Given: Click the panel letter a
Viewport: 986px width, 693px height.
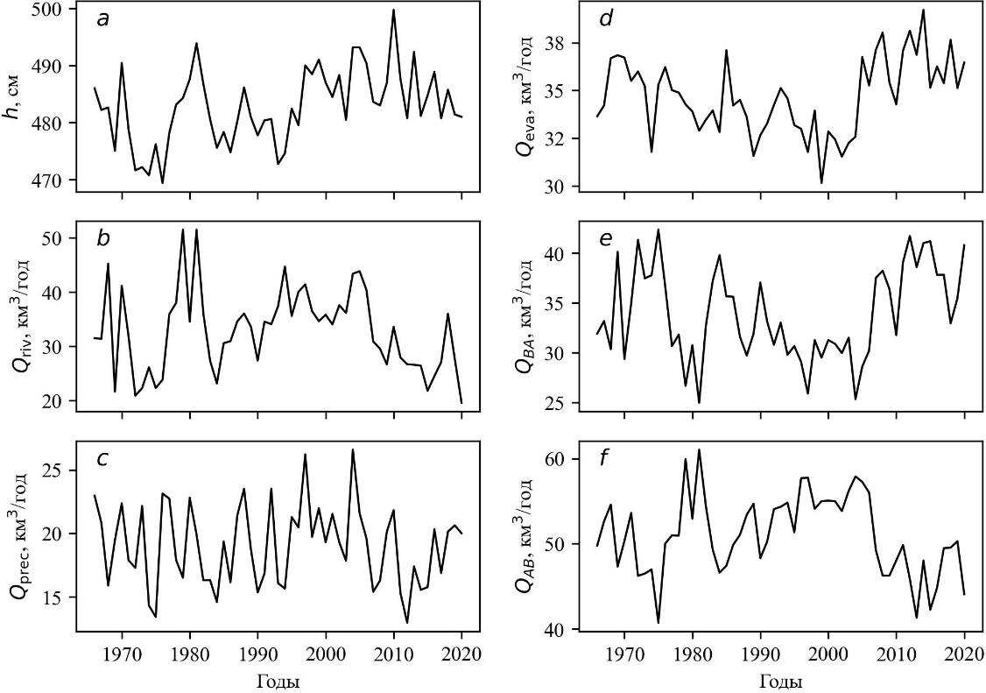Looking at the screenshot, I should (103, 19).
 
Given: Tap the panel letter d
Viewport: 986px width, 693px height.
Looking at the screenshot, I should (606, 19).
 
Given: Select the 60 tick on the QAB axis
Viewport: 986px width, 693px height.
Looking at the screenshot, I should (560, 459).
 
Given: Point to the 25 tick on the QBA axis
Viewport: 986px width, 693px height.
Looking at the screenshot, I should (560, 403).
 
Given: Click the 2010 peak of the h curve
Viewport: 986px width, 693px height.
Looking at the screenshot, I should (394, 10).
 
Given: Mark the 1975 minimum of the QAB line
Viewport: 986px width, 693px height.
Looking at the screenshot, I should (658, 623).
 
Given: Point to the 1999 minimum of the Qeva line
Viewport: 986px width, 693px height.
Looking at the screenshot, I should (821, 183).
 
